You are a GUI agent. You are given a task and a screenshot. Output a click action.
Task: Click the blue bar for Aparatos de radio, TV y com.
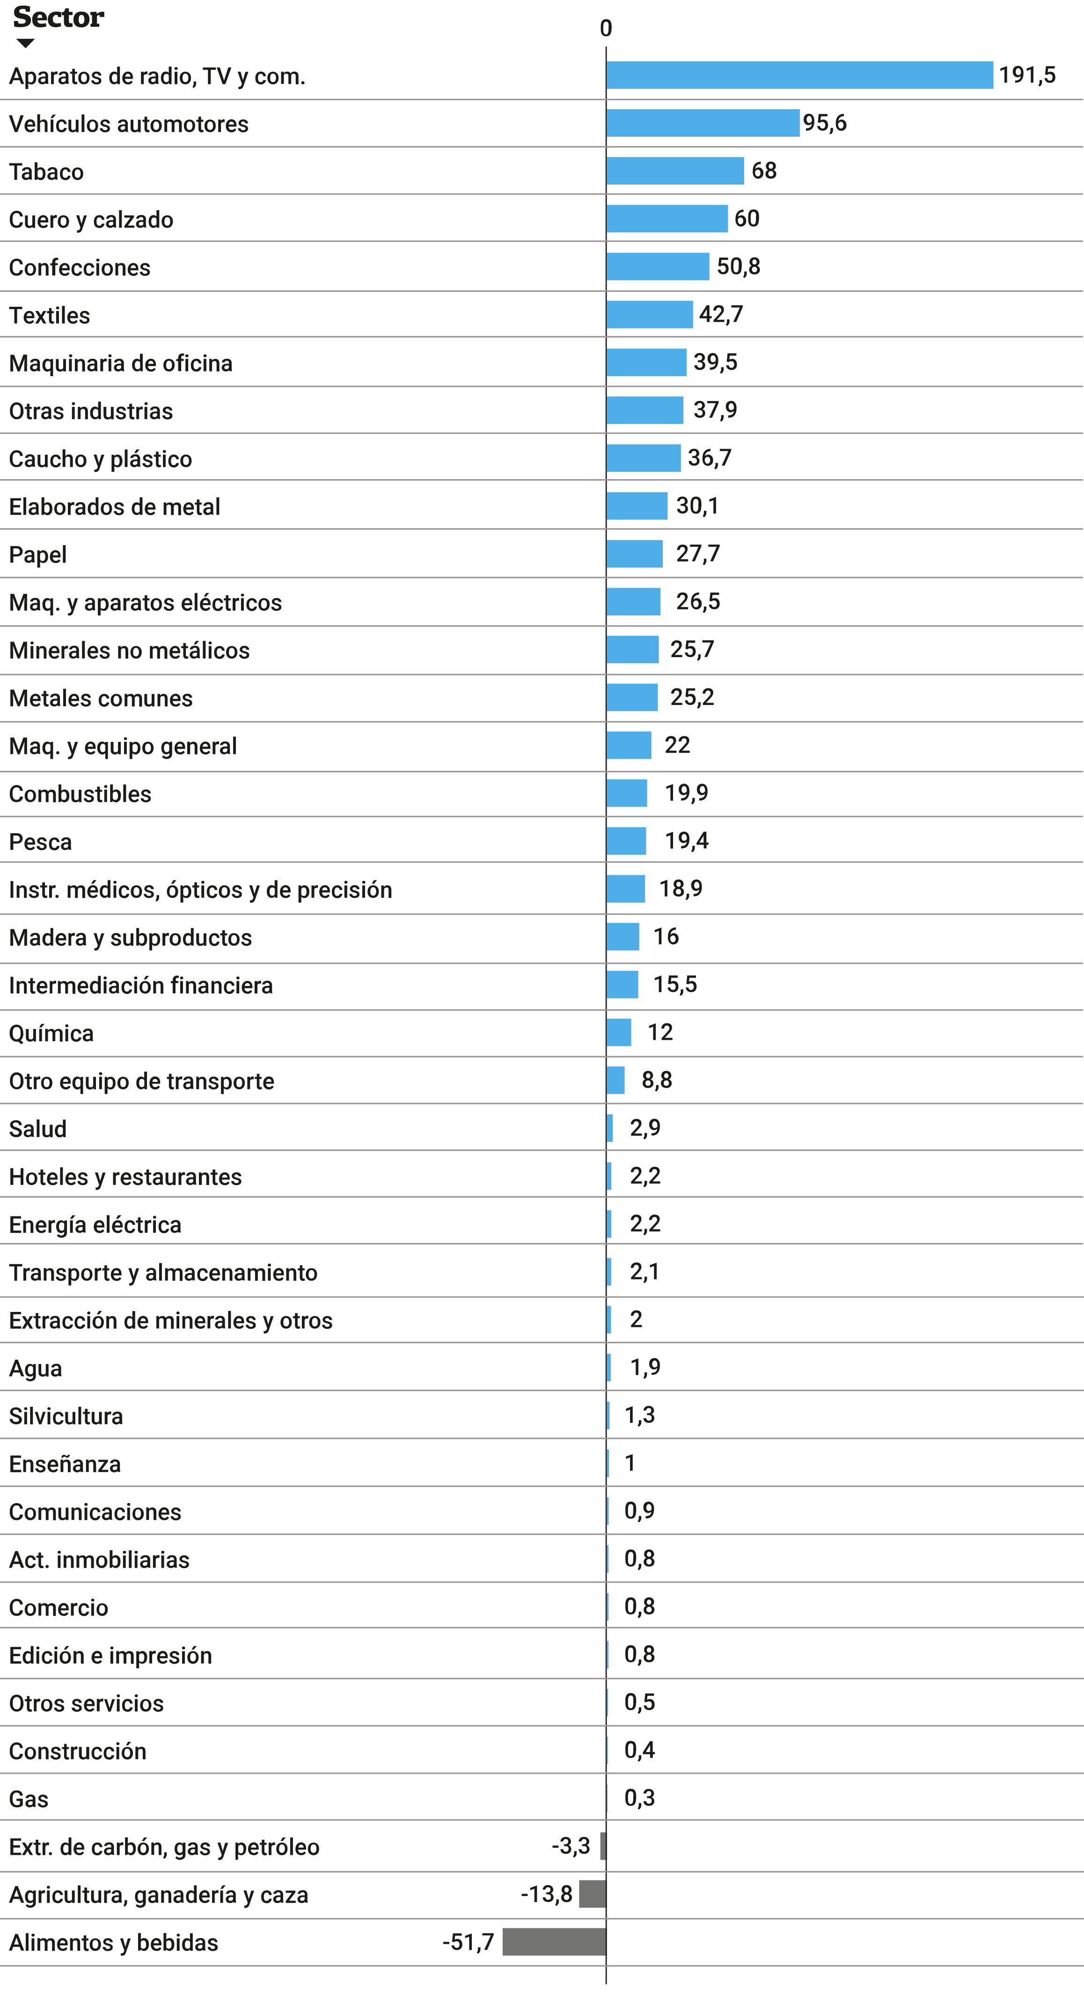pyautogui.click(x=799, y=75)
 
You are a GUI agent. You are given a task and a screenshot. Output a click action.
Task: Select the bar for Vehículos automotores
pyautogui.click(x=703, y=123)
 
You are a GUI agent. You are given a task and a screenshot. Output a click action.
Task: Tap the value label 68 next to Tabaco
pyautogui.click(x=763, y=170)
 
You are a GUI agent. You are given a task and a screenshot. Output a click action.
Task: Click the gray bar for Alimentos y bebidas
pyautogui.click(x=554, y=1941)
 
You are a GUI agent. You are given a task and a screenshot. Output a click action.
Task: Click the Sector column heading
pyautogui.click(x=59, y=17)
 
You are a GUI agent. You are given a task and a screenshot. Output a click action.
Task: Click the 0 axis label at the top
pyautogui.click(x=606, y=28)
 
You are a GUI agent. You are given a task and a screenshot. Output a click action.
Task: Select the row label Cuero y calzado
pyautogui.click(x=91, y=220)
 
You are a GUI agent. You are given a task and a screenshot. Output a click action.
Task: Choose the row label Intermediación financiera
pyautogui.click(x=141, y=985)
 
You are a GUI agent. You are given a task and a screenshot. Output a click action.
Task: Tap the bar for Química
pyautogui.click(x=619, y=1032)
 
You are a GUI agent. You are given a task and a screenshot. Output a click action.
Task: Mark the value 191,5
pyautogui.click(x=1027, y=75)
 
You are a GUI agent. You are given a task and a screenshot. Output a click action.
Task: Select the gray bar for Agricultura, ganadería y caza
pyautogui.click(x=593, y=1894)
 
